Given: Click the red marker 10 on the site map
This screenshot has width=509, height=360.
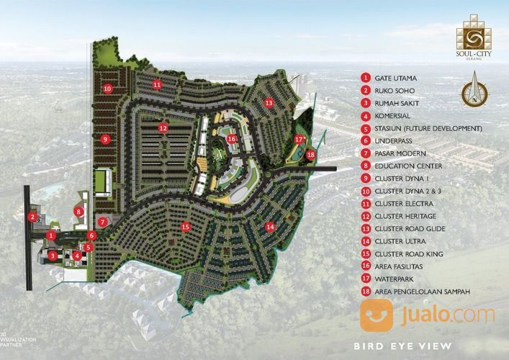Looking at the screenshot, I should coord(107,89).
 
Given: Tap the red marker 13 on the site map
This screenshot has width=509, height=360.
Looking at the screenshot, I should coord(269,103).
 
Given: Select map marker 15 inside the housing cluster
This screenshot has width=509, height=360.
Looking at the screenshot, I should coord(186,227).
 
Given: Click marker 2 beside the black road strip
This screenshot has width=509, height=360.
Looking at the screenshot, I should coord(32,216).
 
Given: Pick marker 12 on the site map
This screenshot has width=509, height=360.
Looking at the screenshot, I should coord(163,129).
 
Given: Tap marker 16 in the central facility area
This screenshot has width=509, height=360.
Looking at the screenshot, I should coord(231,139).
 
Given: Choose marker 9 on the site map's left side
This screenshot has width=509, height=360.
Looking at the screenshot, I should coord(105,139).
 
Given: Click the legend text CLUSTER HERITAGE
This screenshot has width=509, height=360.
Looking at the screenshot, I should coord(405,216).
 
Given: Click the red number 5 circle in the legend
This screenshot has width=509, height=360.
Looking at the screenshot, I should coord(366,128).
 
